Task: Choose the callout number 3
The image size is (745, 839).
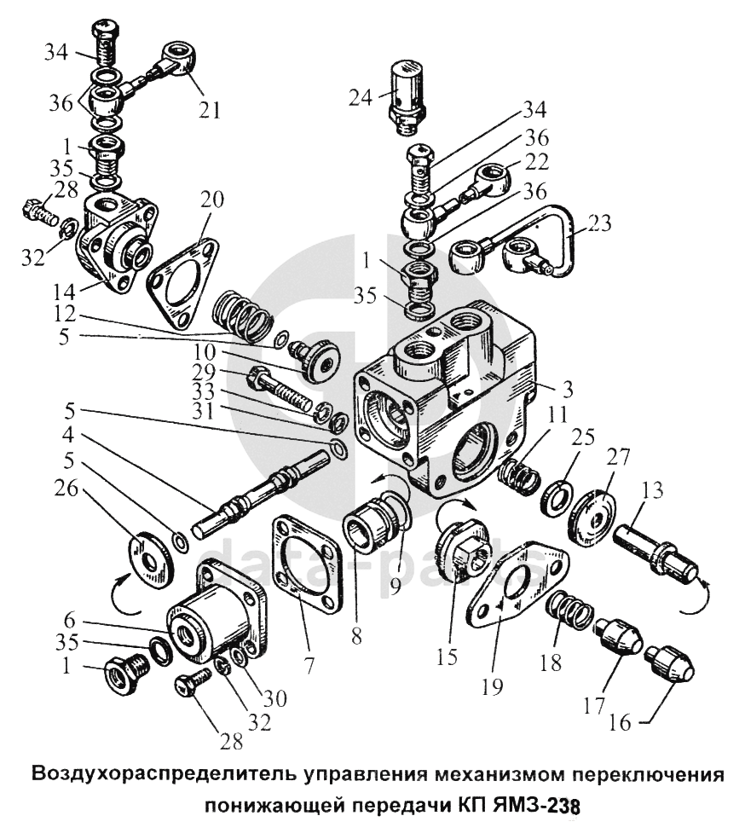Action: point(568,389)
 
